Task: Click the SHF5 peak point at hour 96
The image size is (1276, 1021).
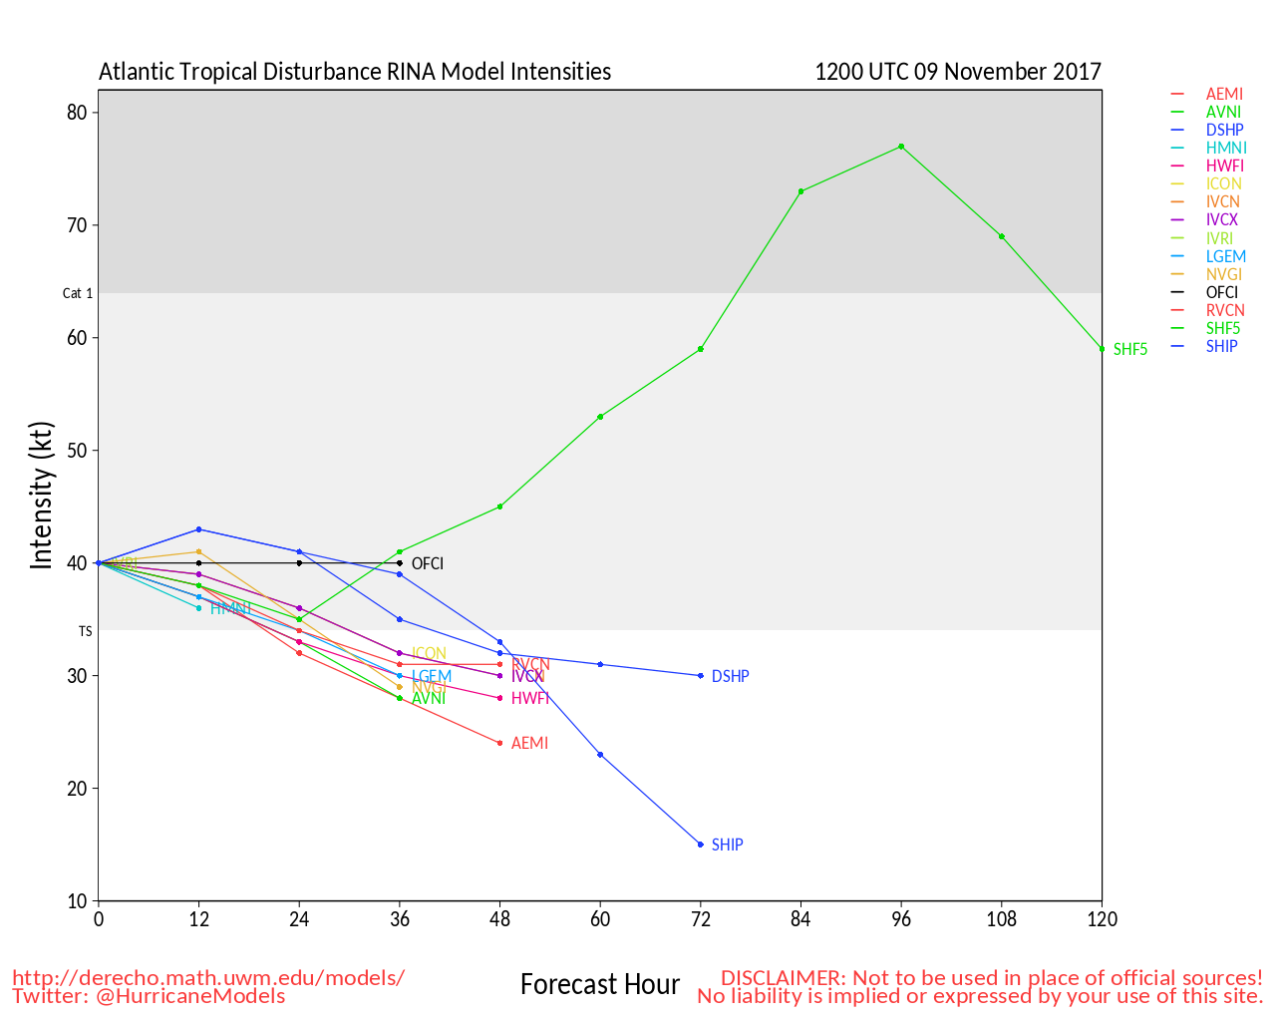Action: [901, 147]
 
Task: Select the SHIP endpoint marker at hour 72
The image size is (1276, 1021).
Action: [701, 845]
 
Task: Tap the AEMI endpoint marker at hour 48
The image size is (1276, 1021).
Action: [499, 743]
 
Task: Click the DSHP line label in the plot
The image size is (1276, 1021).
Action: [731, 676]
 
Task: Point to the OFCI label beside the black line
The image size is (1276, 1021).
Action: [428, 563]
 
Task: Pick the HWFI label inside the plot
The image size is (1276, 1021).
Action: [530, 698]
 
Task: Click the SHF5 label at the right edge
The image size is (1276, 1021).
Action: [1130, 349]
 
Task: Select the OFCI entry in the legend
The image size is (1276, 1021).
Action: [1222, 292]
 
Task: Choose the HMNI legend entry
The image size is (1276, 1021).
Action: [1226, 148]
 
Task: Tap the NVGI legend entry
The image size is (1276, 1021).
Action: [1224, 274]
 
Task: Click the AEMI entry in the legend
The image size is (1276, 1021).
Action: [1224, 94]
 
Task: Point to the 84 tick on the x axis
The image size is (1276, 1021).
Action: [800, 919]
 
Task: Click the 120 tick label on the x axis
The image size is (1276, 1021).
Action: [1102, 919]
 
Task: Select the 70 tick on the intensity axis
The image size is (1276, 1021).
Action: [77, 225]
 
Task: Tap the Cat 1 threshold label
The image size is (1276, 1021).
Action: [78, 293]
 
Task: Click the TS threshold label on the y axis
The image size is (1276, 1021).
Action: [86, 631]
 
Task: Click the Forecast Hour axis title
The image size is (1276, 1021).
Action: [600, 985]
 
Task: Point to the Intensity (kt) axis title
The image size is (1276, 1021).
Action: [41, 496]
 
